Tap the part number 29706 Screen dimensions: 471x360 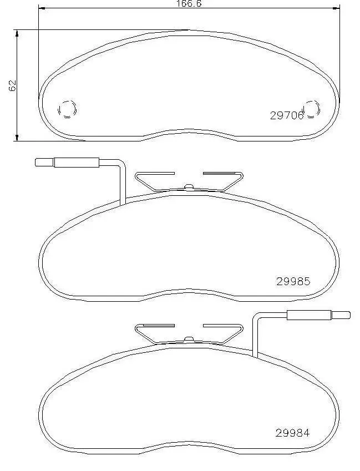point(286,115)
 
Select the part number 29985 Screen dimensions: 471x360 point(292,281)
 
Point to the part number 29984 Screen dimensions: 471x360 point(292,433)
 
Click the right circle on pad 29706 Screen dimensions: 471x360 point(311,108)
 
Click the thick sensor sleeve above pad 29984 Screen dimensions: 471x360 point(308,315)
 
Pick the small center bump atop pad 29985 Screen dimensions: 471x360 point(189,186)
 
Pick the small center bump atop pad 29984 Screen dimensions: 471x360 point(189,338)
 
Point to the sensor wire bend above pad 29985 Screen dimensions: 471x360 point(121,164)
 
